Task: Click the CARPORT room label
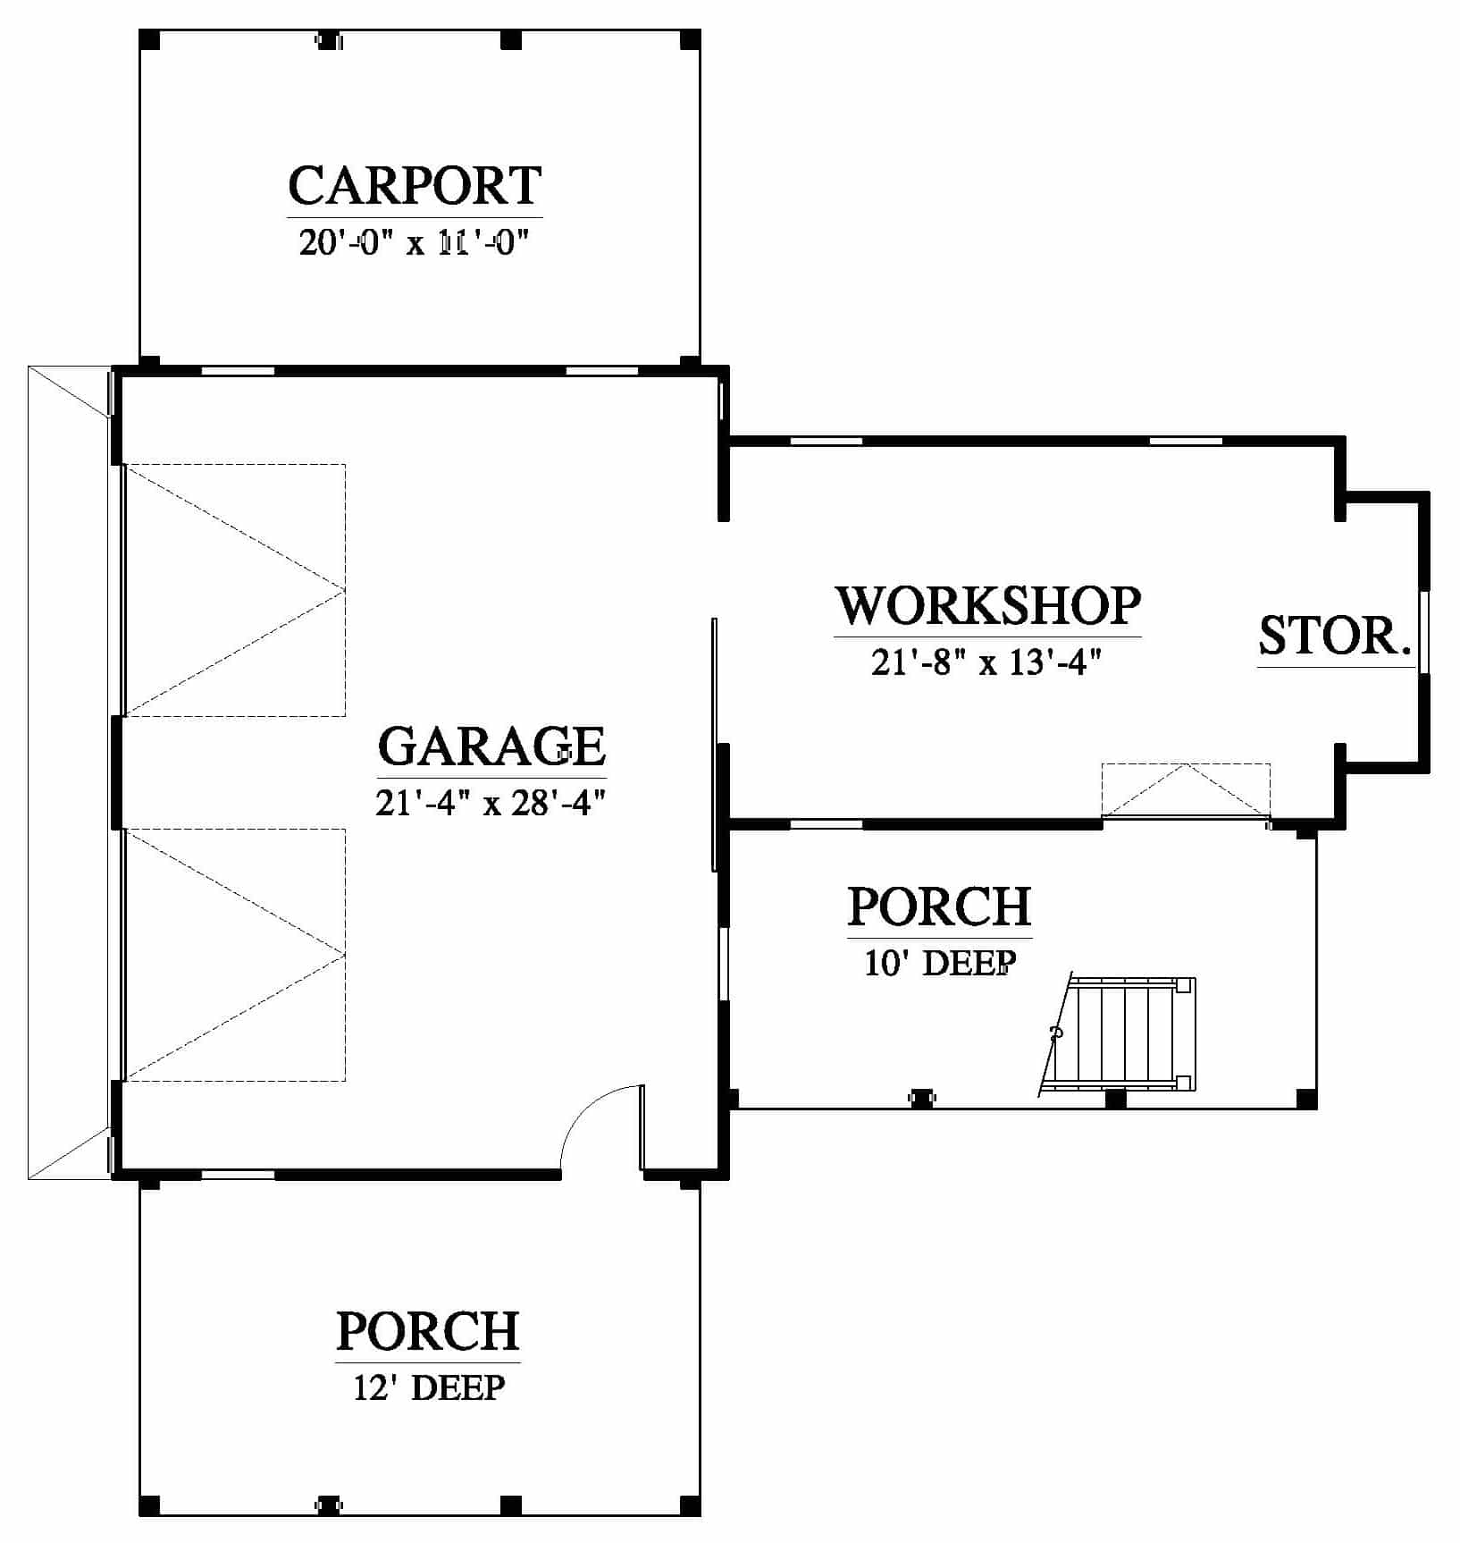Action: pos(415,185)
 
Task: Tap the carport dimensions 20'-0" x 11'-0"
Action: pos(415,242)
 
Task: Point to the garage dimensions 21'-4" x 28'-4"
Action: pos(491,803)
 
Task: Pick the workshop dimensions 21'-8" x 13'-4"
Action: pos(986,662)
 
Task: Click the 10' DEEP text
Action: pos(940,963)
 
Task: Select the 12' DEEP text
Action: pos(429,1387)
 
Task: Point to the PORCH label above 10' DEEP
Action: pos(940,906)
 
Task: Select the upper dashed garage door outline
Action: pos(235,590)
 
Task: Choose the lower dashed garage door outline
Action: pos(235,955)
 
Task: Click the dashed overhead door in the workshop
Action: pos(1186,790)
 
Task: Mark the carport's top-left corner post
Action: pos(150,39)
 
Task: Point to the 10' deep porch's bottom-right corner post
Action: pos(1306,1099)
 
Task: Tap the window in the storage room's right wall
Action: pos(1424,632)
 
